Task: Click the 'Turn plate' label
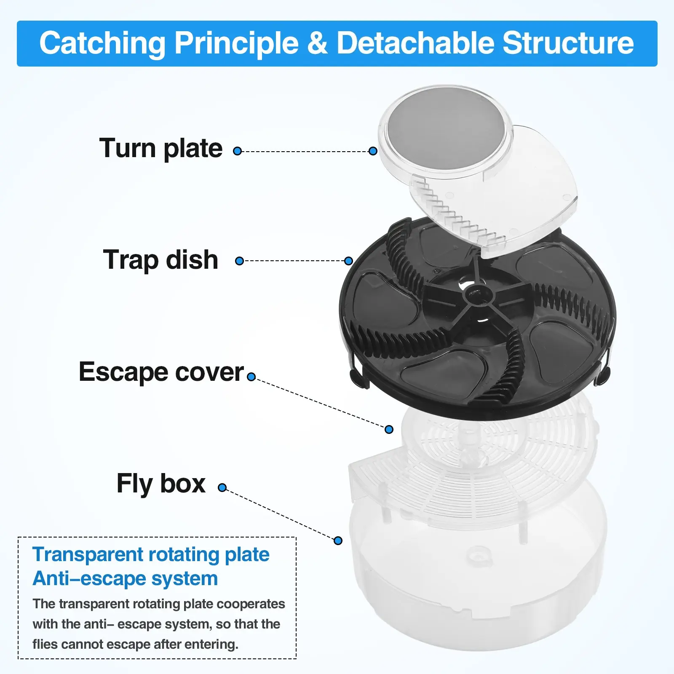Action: point(160,149)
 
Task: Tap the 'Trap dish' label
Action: point(160,259)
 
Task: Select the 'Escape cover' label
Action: point(161,372)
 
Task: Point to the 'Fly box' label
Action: point(161,484)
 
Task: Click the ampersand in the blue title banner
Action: point(317,43)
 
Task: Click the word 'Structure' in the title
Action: point(568,43)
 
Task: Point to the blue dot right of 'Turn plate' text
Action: point(238,151)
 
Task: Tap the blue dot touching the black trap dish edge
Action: point(348,261)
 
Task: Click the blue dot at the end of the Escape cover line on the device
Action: point(389,429)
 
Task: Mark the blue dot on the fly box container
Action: point(338,540)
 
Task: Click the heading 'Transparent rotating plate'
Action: point(151,555)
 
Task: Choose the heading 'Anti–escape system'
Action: point(125,578)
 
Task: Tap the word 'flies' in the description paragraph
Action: point(45,644)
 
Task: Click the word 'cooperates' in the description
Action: point(251,604)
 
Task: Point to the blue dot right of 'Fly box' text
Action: point(222,488)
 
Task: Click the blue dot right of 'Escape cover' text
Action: point(251,377)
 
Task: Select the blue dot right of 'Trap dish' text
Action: point(240,261)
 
